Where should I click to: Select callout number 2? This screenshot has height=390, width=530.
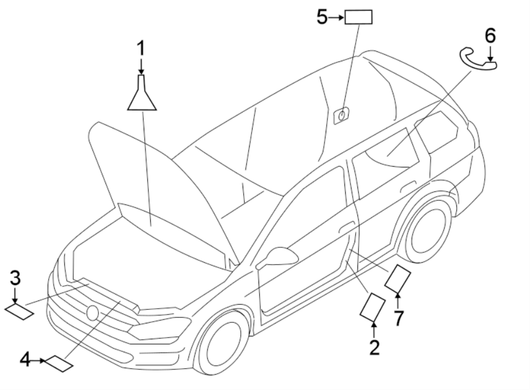(x=374, y=348)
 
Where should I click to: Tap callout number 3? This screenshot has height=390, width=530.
(x=15, y=277)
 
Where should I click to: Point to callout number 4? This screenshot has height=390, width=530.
(x=25, y=358)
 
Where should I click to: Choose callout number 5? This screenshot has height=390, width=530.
(x=322, y=17)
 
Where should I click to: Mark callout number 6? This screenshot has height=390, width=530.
(x=490, y=35)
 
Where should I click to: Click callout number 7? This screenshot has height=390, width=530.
(x=399, y=318)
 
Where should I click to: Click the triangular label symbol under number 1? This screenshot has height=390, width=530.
(x=141, y=97)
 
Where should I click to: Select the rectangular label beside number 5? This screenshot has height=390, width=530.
(x=359, y=18)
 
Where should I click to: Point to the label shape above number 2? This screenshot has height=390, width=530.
(x=372, y=306)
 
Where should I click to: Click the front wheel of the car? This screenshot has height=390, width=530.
(x=221, y=342)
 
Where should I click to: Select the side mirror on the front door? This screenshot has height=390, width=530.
(x=281, y=256)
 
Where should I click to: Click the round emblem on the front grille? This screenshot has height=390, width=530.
(x=92, y=312)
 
